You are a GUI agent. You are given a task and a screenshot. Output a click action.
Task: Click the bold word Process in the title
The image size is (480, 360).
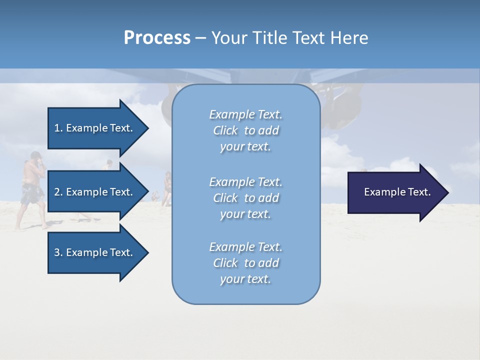(157, 38)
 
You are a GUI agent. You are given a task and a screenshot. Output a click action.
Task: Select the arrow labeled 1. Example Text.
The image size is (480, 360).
(95, 128)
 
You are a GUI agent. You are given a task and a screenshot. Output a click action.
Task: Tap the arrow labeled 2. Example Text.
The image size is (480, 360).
(95, 192)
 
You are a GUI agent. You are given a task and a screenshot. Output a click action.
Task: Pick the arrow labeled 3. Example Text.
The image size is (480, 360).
(95, 252)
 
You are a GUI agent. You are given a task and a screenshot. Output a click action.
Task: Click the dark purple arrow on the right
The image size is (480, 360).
(395, 192)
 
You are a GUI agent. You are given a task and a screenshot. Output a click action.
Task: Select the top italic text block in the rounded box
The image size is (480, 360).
(246, 130)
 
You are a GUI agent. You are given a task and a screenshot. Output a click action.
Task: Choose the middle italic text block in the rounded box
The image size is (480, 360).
(246, 198)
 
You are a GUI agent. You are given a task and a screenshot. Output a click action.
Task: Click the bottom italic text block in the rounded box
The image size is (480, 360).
(246, 263)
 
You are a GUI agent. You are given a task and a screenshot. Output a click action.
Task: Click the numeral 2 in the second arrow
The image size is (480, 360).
(56, 192)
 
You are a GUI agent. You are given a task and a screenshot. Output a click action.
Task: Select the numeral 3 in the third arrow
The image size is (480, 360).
(56, 252)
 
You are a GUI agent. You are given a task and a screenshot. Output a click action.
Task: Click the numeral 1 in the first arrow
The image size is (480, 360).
(56, 128)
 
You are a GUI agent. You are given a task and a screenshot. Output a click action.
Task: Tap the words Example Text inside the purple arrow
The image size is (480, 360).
(397, 192)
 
